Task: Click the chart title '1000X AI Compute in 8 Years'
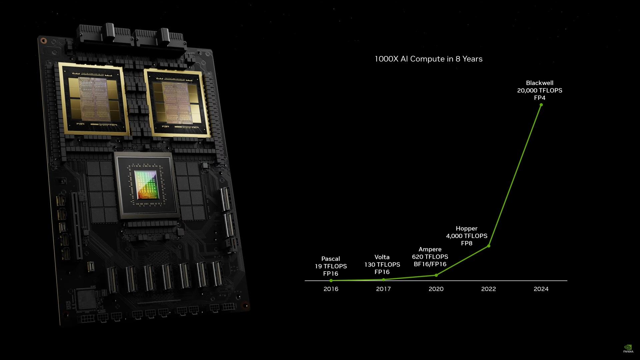pos(428,59)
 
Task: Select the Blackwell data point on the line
pos(541,105)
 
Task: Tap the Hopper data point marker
pos(489,246)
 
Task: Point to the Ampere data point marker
pos(436,275)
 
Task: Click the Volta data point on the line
pos(383,280)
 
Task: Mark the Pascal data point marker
pos(331,281)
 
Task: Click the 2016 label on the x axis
pos(331,289)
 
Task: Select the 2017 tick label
pos(383,289)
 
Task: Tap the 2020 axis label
pos(436,289)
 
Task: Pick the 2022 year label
pos(489,289)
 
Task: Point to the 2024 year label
pos(541,289)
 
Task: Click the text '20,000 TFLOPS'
pos(540,90)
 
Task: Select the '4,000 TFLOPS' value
pos(467,236)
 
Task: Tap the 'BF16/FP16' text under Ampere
pos(430,264)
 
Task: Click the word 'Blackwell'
pos(540,83)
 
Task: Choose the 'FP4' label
pos(540,98)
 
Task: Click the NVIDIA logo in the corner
pos(628,349)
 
